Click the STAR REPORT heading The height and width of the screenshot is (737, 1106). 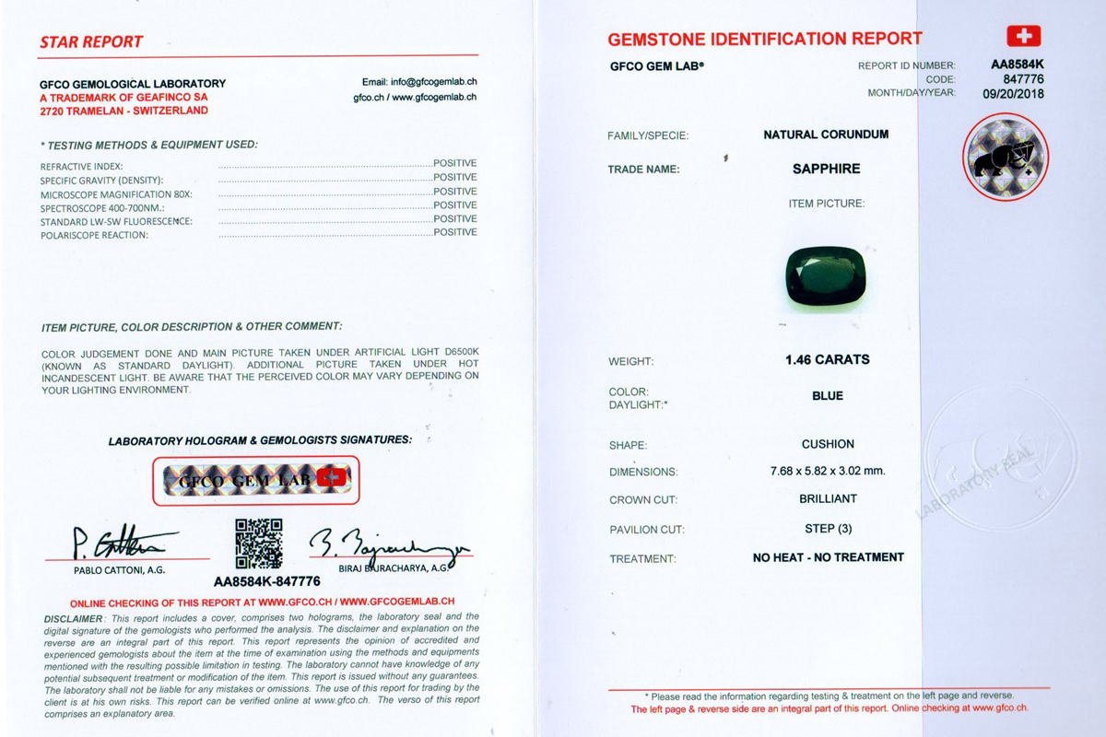click(91, 41)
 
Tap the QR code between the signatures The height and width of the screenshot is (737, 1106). click(258, 544)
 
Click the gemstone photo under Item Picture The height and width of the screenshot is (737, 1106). click(827, 274)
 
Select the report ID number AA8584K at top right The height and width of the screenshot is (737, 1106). click(1018, 65)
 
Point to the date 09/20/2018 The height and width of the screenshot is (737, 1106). click(1014, 93)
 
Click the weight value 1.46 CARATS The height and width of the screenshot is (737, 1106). click(827, 359)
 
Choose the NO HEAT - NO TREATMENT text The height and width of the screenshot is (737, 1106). click(828, 557)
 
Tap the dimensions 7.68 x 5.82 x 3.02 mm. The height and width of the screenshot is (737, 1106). click(827, 471)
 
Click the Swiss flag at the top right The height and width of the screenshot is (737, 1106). click(1021, 36)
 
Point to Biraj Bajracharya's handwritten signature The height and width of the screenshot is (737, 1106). click(388, 544)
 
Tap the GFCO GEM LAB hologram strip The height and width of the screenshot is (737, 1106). click(255, 480)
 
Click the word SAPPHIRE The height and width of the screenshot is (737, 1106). click(827, 169)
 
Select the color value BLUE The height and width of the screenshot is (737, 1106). click(828, 395)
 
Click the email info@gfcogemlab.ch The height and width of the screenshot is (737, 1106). click(419, 82)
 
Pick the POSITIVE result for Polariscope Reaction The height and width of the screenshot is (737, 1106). click(455, 233)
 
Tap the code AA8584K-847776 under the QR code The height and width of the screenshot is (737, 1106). click(267, 581)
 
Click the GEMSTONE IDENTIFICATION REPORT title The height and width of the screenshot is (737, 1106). click(764, 39)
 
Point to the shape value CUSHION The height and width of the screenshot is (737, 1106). click(828, 443)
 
